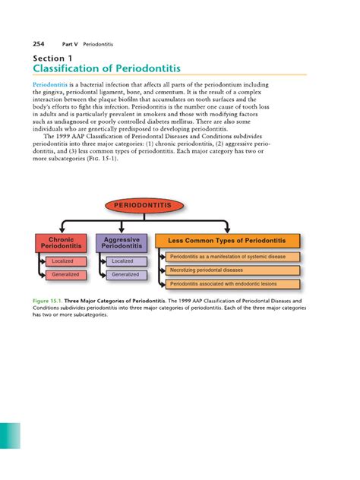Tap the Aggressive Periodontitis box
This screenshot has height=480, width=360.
click(122, 242)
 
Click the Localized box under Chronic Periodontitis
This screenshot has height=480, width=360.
click(63, 261)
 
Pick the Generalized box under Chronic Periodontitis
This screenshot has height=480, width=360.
click(63, 274)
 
